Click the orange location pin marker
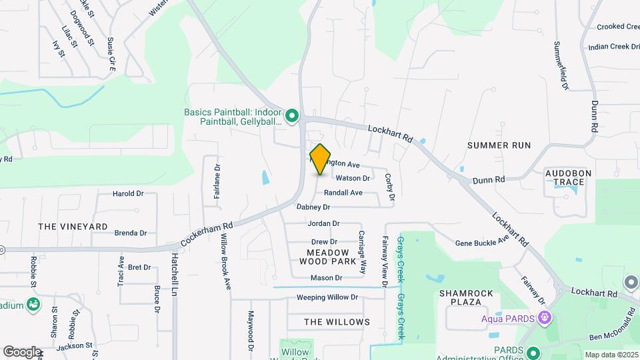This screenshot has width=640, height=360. pos(321,159)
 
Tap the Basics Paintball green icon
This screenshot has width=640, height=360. pos(291,117)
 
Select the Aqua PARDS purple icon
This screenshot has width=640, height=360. pos(545,317)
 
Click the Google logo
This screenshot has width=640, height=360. pos(22,351)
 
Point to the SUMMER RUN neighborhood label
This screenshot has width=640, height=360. pos(499,145)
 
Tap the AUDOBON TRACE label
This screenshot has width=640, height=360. pos(569,177)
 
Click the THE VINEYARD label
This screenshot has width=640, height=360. pos(73,227)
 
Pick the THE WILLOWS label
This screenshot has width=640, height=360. pos(337,322)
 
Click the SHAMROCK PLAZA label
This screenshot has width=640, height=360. pos(470,297)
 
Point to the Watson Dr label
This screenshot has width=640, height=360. pos(352,178)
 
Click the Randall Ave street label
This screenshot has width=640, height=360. pos(343,193)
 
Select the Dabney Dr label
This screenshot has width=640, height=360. pos(313,207)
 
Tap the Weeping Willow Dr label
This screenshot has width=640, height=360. pos(327,297)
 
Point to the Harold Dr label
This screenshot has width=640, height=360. pos(128,194)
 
